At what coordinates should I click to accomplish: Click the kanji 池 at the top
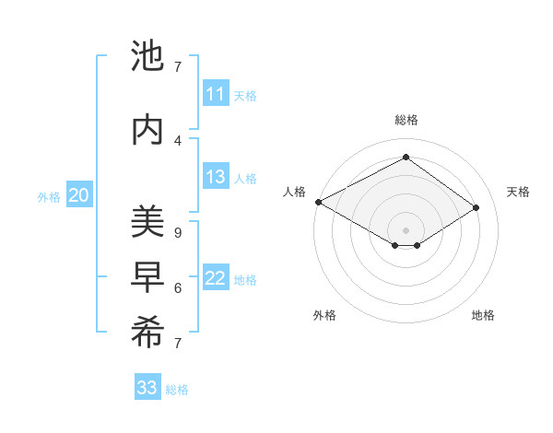tap(147, 57)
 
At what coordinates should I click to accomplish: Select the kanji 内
tap(147, 130)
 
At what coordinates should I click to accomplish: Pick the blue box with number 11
tap(216, 94)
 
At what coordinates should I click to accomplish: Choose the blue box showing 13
tap(216, 177)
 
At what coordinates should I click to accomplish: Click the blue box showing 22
tap(216, 278)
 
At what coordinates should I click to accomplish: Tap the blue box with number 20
tap(79, 195)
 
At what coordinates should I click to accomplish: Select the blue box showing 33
tap(147, 388)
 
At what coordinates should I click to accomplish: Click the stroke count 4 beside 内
tap(178, 140)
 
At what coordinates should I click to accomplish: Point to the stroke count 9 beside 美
tap(178, 232)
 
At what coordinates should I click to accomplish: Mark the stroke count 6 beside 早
tap(178, 287)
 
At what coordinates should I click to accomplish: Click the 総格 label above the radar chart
tap(406, 120)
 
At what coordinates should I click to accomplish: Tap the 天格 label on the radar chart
tap(518, 192)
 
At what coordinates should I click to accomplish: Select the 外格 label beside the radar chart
tap(324, 315)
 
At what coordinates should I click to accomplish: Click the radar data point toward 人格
tap(318, 202)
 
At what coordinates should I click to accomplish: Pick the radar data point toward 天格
tap(477, 207)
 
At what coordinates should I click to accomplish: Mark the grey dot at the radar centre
tap(406, 228)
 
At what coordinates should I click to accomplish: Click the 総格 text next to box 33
tap(177, 390)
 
